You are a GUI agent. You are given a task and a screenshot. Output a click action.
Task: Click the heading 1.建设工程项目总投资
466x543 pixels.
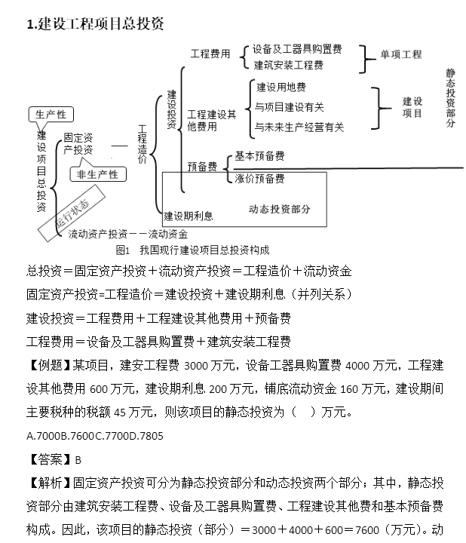(x=95, y=24)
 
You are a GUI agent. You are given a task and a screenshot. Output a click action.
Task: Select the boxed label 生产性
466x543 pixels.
(x=51, y=115)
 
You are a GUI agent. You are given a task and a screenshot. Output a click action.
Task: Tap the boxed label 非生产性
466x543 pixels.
(x=98, y=175)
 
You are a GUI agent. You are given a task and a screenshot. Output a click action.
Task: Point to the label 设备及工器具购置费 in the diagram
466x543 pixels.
(x=297, y=50)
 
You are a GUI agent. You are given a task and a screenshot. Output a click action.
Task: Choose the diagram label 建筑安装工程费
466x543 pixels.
(x=289, y=66)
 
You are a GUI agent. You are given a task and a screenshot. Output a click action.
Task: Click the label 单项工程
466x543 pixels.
(x=400, y=54)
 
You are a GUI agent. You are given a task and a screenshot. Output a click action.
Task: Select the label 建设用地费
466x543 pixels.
(x=281, y=87)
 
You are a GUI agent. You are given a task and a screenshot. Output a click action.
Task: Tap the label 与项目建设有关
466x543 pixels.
(x=290, y=107)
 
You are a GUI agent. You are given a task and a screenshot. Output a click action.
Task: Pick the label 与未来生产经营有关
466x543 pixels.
(x=299, y=127)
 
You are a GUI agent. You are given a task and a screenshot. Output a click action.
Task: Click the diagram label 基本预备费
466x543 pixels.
(x=259, y=156)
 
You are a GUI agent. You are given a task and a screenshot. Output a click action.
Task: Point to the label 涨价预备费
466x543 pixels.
(x=259, y=179)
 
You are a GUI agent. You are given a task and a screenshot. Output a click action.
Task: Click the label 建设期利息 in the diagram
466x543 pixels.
(x=189, y=216)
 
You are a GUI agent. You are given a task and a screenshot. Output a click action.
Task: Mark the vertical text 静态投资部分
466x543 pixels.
(x=450, y=98)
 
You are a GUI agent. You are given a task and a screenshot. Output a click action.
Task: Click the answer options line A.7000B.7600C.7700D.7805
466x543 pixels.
(x=94, y=435)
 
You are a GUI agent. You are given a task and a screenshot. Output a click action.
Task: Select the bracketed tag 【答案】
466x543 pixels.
(x=50, y=459)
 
